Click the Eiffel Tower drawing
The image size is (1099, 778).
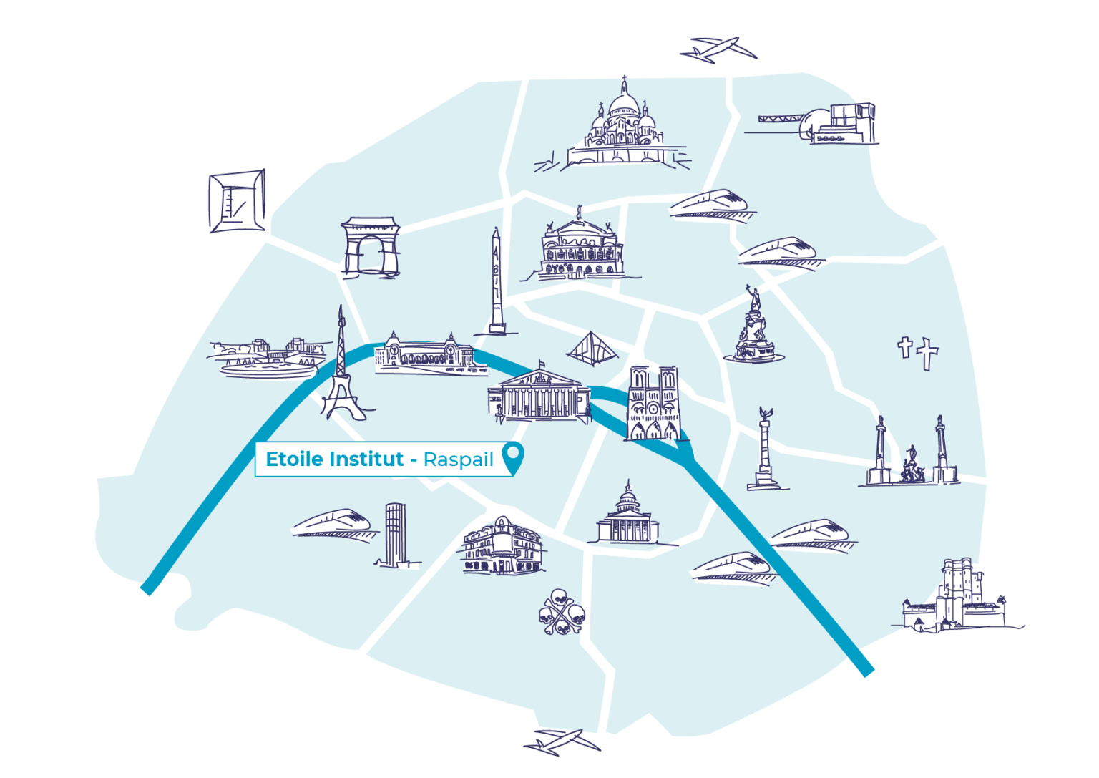pyautogui.click(x=341, y=372)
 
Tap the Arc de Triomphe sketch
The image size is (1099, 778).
pyautogui.click(x=369, y=246)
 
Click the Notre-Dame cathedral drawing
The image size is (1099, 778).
pyautogui.click(x=652, y=404)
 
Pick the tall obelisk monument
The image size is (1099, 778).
pyautogui.click(x=496, y=283)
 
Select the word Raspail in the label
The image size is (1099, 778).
pyautogui.click(x=458, y=459)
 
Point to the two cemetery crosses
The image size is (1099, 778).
pyautogui.click(x=918, y=352)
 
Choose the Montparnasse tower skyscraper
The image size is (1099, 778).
pyautogui.click(x=394, y=535)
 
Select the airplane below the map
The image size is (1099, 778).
pyautogui.click(x=562, y=749)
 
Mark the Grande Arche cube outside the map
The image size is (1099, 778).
pyautogui.click(x=237, y=201)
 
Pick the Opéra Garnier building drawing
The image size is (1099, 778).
pyautogui.click(x=580, y=248)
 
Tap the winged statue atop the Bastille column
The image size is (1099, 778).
pyautogui.click(x=766, y=413)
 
